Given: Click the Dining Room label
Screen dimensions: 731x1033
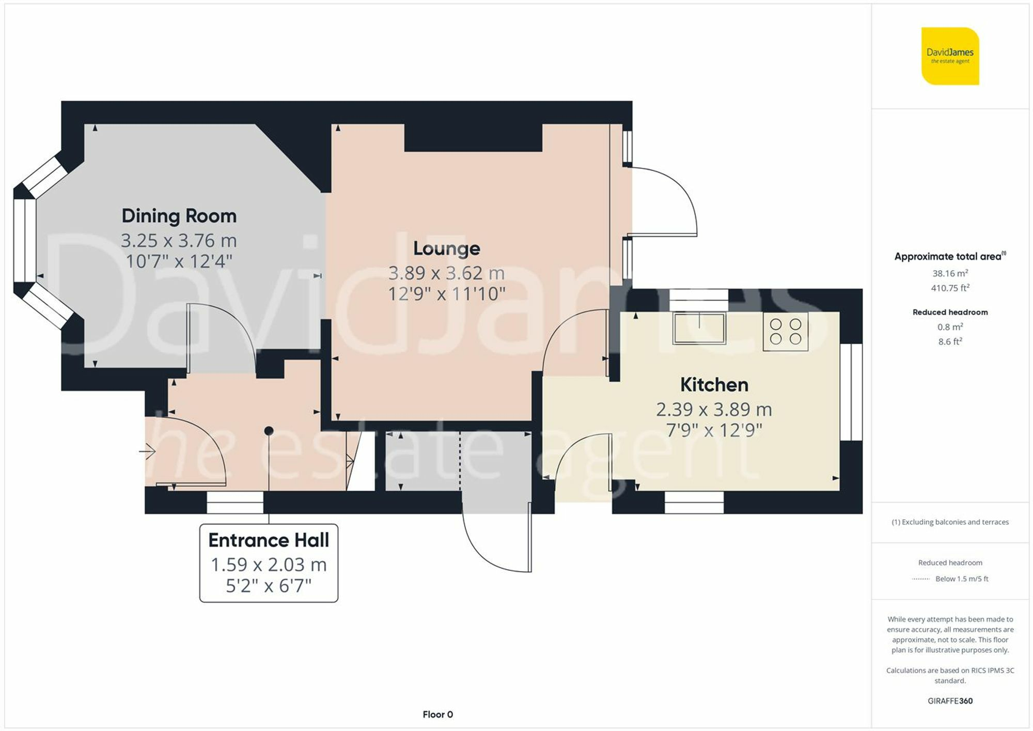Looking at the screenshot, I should point(179,216).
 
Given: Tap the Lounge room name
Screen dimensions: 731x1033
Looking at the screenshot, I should point(446,248).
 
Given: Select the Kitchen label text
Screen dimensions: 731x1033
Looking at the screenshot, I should point(714,385).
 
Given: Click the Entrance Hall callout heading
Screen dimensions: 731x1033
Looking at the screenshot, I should point(269,540).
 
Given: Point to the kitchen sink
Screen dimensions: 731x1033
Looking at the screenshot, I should point(699,329).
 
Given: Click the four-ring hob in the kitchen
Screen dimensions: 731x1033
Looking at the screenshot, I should point(785,332).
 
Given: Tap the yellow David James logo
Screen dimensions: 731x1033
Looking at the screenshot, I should point(950,56).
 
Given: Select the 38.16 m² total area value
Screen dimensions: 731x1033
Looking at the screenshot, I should point(950,273).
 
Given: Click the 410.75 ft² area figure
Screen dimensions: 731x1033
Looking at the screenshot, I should point(950,288).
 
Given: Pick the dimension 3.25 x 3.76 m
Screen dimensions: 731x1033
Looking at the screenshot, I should point(179,241).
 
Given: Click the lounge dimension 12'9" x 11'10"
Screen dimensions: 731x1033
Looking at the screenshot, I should point(446,294).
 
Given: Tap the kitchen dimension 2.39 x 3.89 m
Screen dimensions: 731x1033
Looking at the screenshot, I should point(714,410).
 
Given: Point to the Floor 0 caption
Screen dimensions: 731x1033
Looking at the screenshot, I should point(437,714).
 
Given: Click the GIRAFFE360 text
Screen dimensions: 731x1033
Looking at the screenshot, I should point(950,701).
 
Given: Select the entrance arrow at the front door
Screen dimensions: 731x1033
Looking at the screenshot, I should point(148,452).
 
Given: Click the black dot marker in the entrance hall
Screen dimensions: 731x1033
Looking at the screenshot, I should point(269,430).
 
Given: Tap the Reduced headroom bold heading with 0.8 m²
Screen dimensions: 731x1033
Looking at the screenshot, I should point(950,312).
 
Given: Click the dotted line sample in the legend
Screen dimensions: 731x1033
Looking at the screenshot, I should point(920,579).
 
